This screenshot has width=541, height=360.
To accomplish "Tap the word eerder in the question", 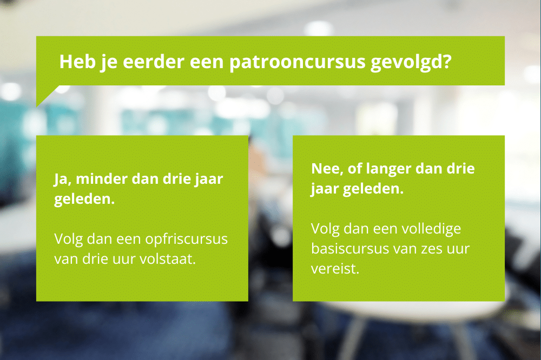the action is coord(153,62).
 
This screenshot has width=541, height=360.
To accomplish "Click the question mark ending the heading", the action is coord(447,62).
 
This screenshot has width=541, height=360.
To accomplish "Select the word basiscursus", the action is coord(350,249).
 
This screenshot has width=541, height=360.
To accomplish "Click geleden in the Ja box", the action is coord(84,199).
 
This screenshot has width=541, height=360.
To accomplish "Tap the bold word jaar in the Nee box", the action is coord(325,189).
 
